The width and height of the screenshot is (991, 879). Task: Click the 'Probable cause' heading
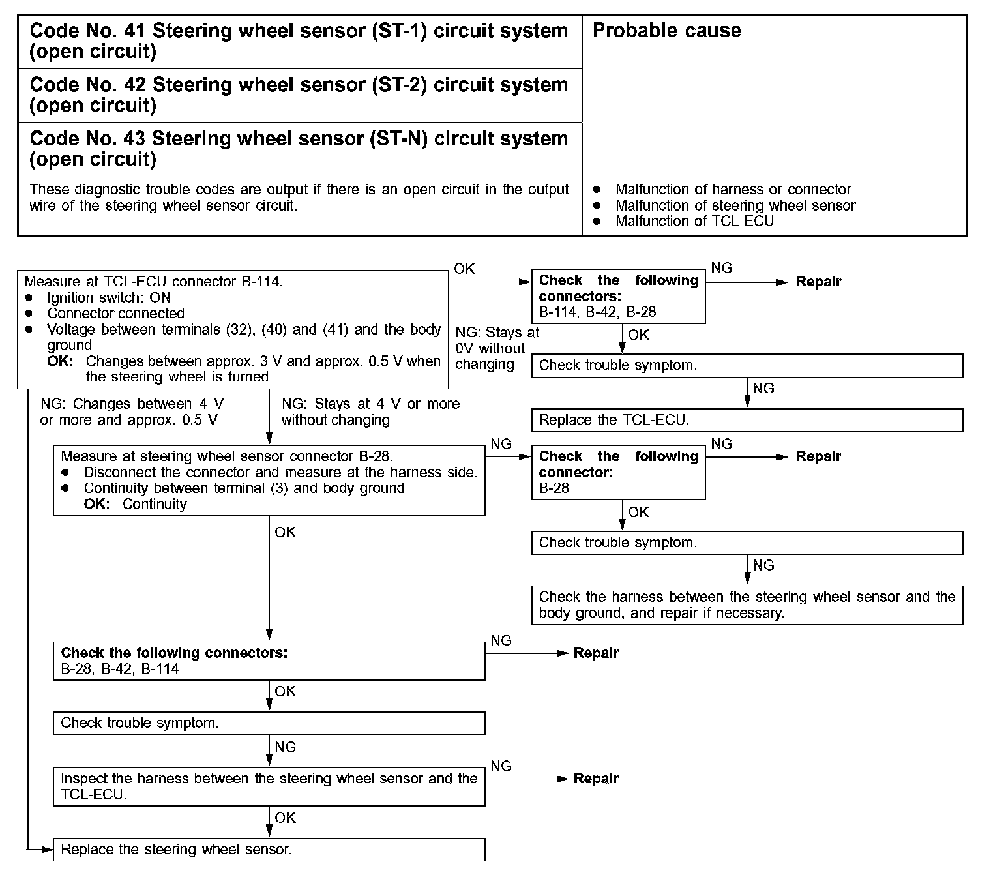(666, 31)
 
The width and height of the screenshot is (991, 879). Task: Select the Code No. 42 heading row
(299, 95)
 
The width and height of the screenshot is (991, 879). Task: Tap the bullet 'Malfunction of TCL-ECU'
(694, 221)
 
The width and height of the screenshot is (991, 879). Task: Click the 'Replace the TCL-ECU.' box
(747, 420)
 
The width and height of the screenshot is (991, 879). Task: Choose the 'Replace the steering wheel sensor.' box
(269, 849)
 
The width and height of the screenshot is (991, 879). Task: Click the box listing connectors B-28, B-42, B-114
(269, 661)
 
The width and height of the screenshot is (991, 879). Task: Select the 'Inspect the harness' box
(269, 786)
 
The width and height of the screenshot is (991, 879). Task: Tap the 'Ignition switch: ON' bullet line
(109, 297)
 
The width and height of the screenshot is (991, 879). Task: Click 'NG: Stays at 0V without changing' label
(497, 348)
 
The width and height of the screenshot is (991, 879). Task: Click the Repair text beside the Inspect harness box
(596, 779)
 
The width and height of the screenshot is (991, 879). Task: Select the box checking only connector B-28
(618, 472)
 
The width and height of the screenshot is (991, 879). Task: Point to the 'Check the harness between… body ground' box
(747, 605)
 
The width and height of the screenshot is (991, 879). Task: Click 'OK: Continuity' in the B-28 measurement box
(135, 504)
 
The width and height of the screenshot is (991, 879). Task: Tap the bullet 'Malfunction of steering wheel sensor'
(735, 205)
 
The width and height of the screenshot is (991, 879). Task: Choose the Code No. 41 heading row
(299, 41)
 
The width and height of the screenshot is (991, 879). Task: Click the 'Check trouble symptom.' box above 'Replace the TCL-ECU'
(747, 365)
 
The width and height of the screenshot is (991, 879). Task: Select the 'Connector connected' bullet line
(115, 313)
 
